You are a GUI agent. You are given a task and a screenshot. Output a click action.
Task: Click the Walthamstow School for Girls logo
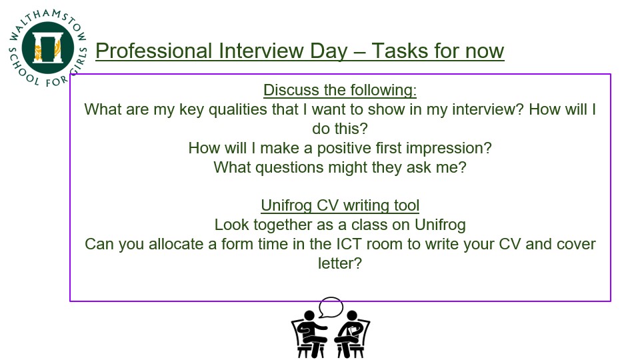coord(48,48)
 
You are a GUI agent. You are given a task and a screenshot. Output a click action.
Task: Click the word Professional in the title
coord(154,51)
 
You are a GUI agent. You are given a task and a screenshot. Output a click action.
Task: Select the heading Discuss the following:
coord(340,90)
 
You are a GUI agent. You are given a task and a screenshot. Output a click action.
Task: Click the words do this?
coord(340,129)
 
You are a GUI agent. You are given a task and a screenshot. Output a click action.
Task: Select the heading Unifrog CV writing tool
coord(340,206)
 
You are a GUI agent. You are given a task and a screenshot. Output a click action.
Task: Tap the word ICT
coord(349,244)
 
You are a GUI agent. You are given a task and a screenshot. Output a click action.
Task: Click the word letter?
coord(340,263)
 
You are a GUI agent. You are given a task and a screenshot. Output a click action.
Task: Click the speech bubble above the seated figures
coord(331,307)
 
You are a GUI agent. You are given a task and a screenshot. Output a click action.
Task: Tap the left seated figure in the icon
coord(310,334)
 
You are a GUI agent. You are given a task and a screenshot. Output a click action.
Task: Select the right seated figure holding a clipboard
coord(351,334)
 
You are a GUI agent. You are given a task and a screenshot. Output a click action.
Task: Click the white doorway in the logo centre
coord(48,48)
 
